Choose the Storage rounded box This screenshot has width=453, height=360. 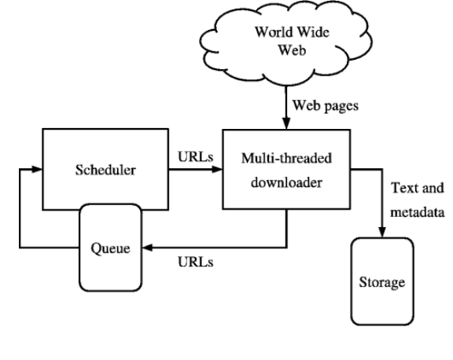pos(382,280)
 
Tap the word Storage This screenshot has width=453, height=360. pos(382,281)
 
